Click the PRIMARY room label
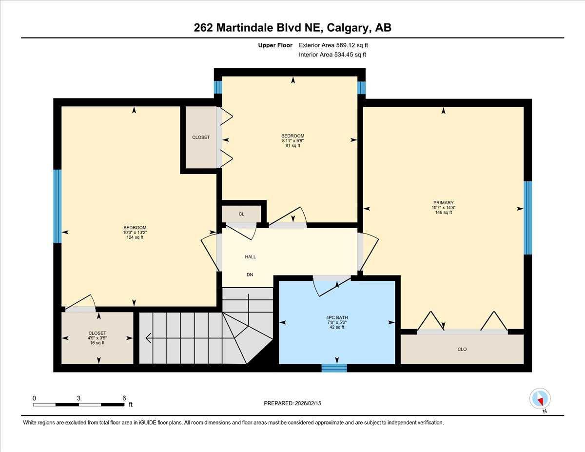click(443, 203)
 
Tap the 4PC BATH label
click(336, 317)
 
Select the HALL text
click(250, 257)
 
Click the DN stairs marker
click(250, 275)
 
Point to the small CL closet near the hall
click(241, 214)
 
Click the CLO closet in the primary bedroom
click(462, 349)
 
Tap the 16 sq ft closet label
click(97, 343)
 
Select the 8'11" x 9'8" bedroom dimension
click(292, 141)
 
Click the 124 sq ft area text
click(135, 237)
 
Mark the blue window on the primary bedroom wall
click(527, 218)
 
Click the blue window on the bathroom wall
click(334, 368)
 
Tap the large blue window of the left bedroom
click(58, 206)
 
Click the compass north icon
click(540, 398)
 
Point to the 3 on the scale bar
click(78, 398)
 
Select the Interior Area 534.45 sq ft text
click(332, 55)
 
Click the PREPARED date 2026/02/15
click(308, 403)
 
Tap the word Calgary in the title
click(348, 28)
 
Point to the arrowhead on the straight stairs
click(148, 337)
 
